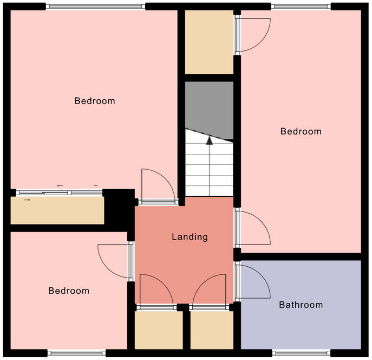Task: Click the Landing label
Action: [x=190, y=237]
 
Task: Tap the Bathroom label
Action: [x=301, y=305]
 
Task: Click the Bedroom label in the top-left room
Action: [x=95, y=101]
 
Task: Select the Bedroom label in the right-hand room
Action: [x=301, y=131]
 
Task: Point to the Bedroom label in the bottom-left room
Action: [x=69, y=291]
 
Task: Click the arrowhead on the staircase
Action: [x=209, y=141]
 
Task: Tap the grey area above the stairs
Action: [x=209, y=106]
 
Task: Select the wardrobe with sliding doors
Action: [x=57, y=210]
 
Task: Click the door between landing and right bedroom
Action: [x=252, y=228]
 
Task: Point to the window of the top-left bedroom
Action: [x=95, y=7]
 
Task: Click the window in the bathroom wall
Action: [x=301, y=352]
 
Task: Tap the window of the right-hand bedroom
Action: [x=301, y=7]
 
